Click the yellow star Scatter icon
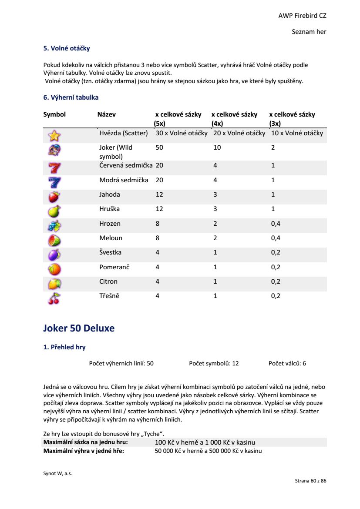(54, 136)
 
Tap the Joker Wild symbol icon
(54, 151)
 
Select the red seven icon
(54, 167)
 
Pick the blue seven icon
(54, 182)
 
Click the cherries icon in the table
(54, 298)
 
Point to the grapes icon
(54, 226)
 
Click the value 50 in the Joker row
(159, 147)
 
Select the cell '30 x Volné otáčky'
(182, 133)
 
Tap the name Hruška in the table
(109, 209)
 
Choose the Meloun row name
(111, 238)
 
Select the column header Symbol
(54, 114)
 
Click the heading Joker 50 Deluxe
(79, 328)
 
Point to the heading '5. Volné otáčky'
(66, 48)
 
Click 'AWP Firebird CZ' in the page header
(302, 16)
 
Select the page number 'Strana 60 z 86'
(310, 481)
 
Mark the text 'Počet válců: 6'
(287, 363)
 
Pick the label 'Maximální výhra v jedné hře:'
(84, 451)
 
